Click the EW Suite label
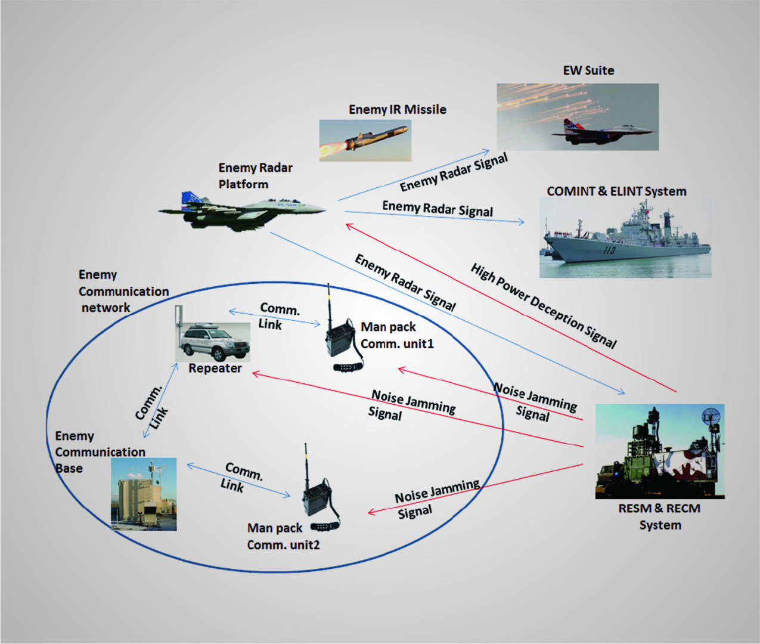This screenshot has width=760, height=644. pyautogui.click(x=588, y=70)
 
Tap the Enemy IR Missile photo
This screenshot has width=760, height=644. pyautogui.click(x=365, y=141)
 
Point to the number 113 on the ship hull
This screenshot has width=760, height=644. pyautogui.click(x=609, y=250)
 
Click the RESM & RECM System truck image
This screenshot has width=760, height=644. pyautogui.click(x=660, y=451)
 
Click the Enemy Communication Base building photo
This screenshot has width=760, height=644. pyautogui.click(x=144, y=494)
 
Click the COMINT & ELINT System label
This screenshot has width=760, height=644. pyautogui.click(x=616, y=191)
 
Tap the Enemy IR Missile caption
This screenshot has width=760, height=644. pyautogui.click(x=398, y=110)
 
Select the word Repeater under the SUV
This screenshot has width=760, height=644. pyautogui.click(x=215, y=369)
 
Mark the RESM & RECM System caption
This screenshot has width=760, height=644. pyautogui.click(x=659, y=517)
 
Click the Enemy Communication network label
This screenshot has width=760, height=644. pyautogui.click(x=123, y=291)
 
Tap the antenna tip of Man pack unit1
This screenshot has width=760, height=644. pyautogui.click(x=328, y=286)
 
